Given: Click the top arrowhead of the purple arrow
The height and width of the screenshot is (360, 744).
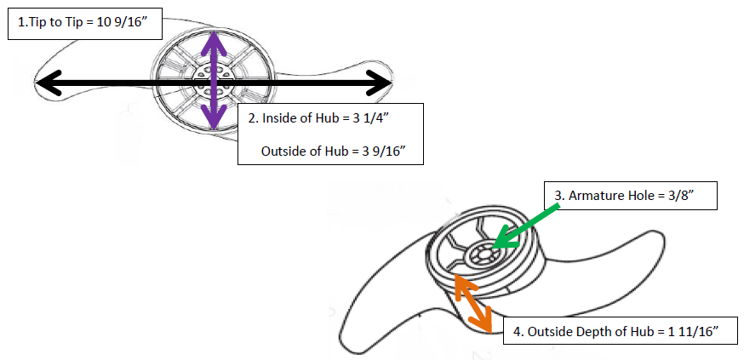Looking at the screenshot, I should point(214,39).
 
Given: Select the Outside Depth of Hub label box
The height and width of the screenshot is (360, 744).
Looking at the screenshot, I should point(614,331).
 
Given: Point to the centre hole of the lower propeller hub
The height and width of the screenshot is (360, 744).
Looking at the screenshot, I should point(485,251).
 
